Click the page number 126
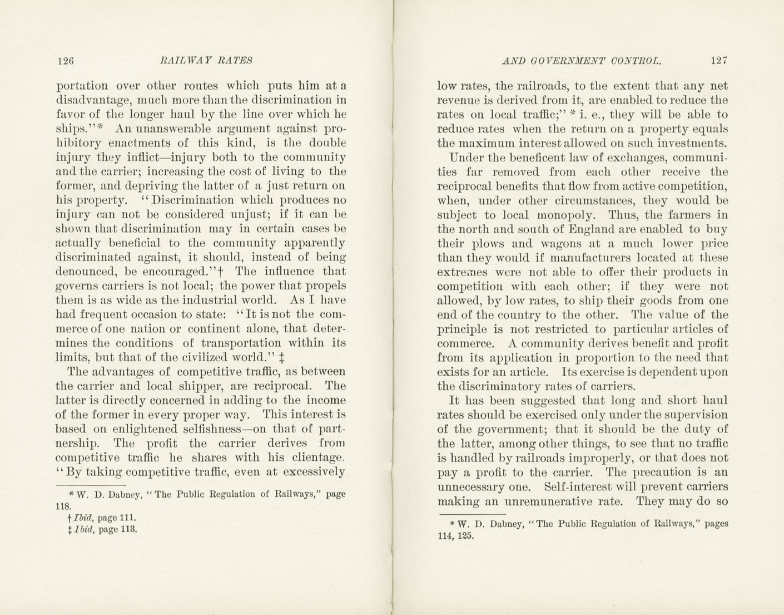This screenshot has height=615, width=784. (x=66, y=61)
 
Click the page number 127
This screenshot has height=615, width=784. (x=718, y=61)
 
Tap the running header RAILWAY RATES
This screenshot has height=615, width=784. (x=206, y=60)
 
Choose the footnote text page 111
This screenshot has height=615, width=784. (x=115, y=518)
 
